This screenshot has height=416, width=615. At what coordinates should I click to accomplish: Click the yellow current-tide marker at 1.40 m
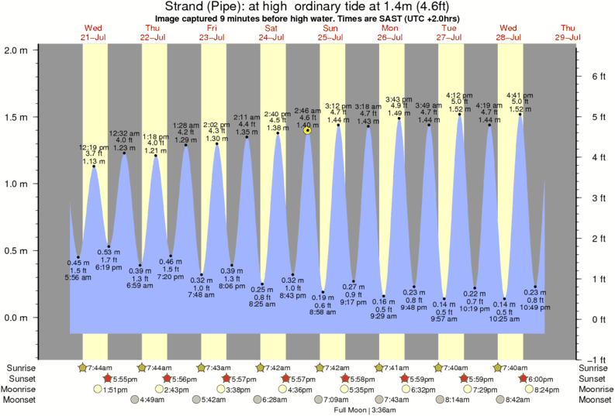[x=308, y=131]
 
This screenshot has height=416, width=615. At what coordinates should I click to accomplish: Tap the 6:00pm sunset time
[x=536, y=379]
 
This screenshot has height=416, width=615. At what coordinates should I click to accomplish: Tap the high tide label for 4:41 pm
[x=518, y=102]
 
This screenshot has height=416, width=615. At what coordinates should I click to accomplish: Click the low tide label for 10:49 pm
[x=536, y=300]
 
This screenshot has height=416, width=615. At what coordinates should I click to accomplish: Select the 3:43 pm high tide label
[x=399, y=106]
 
